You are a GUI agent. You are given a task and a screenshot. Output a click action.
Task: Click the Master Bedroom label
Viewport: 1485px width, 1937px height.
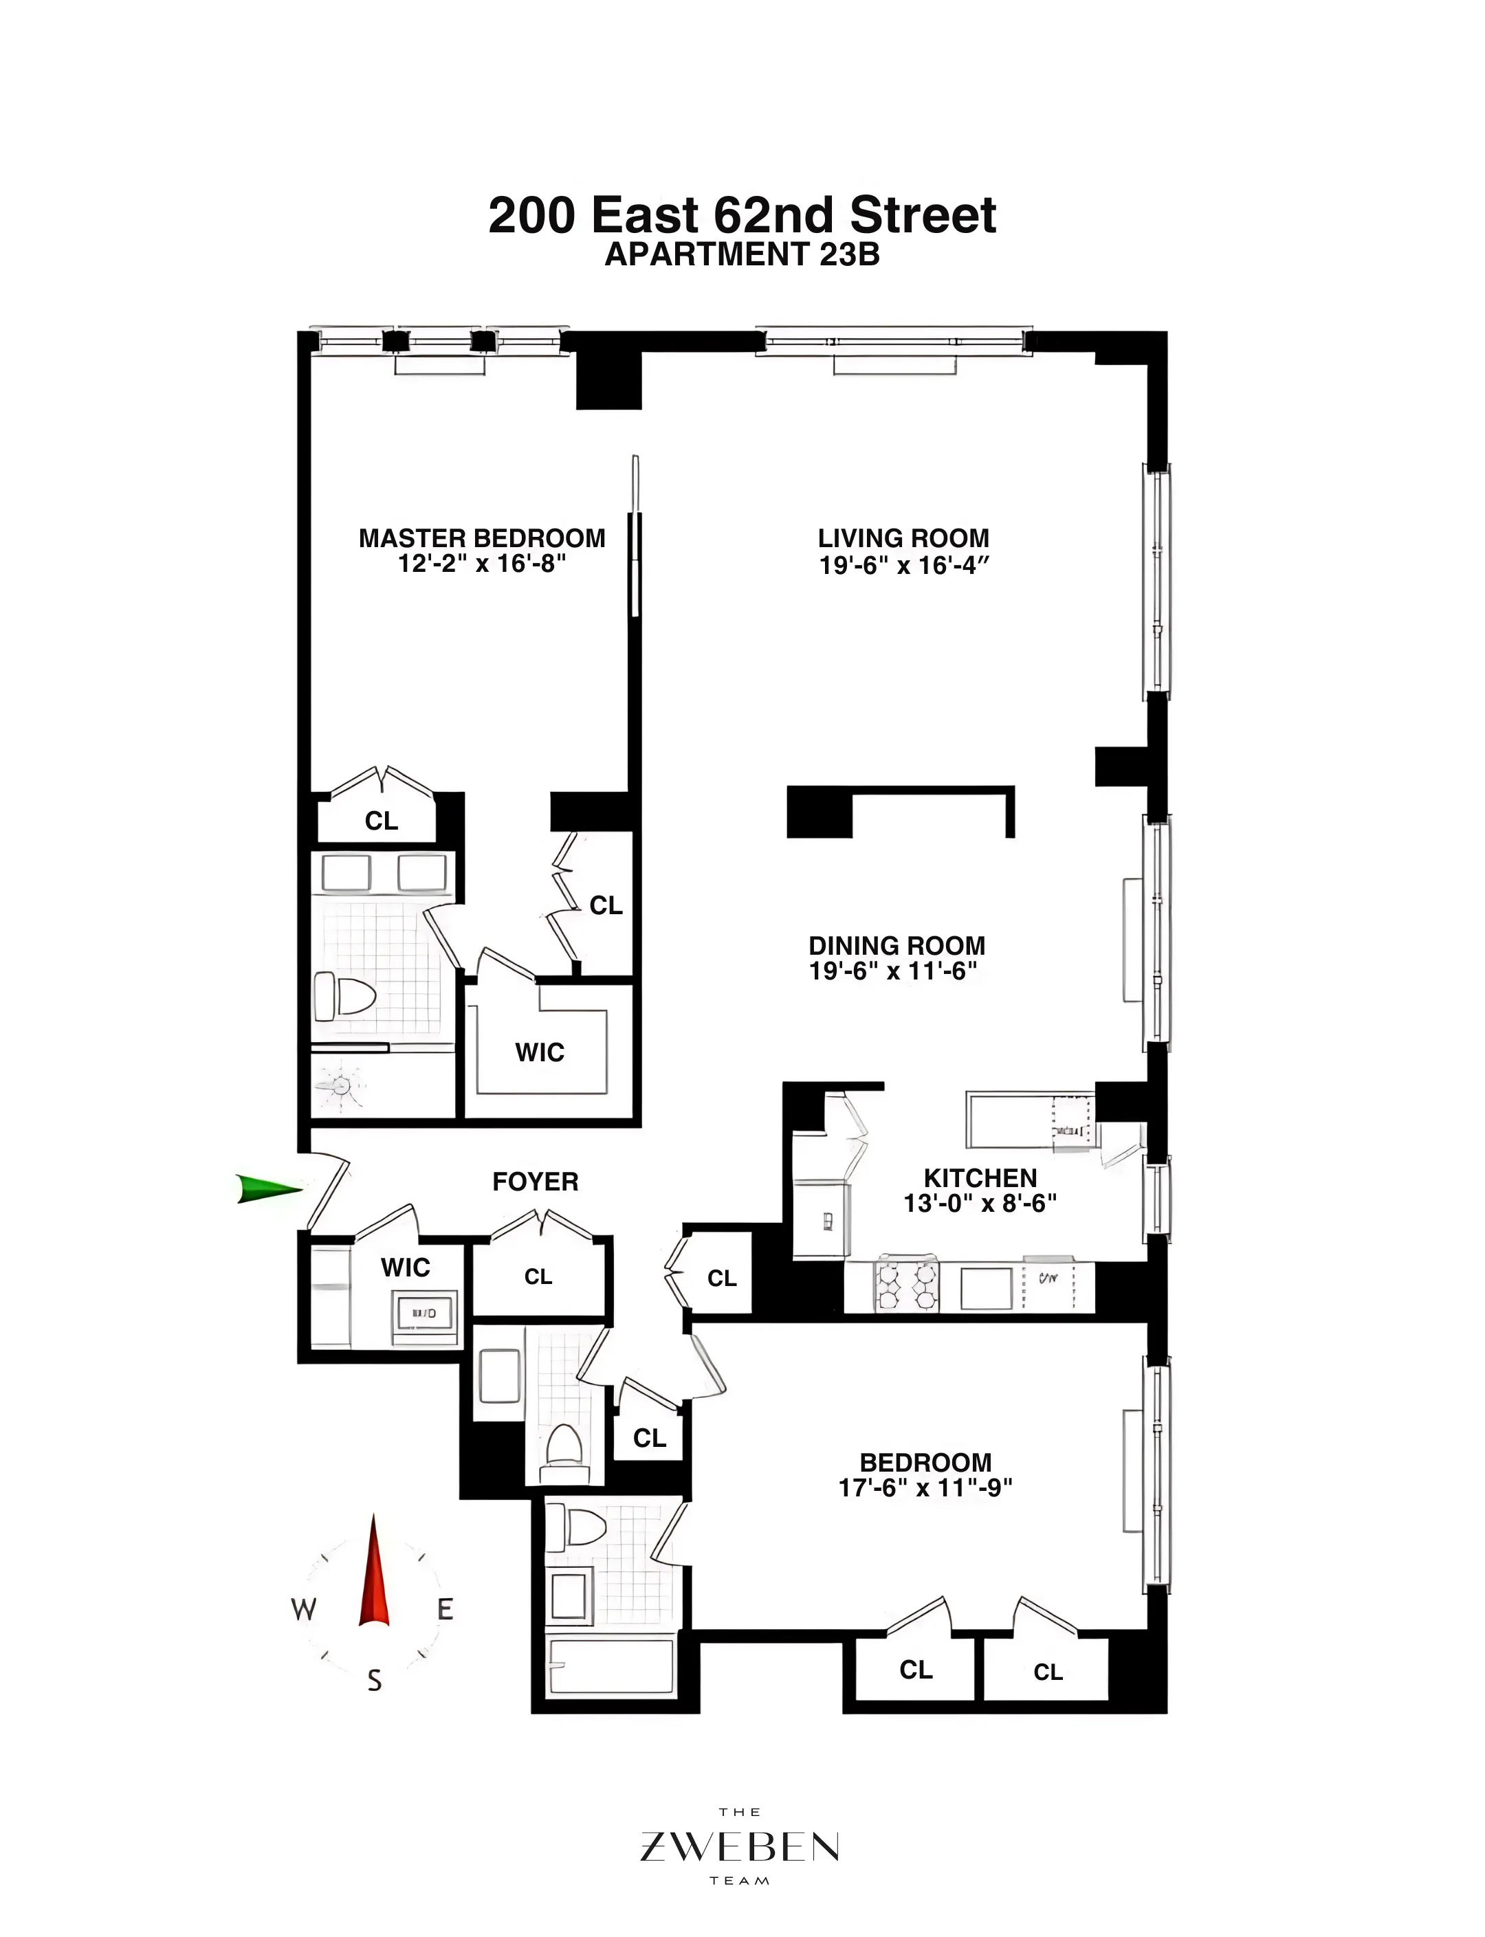coord(482,538)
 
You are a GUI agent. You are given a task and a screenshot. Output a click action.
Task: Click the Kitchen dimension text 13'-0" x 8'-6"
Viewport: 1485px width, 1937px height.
coord(980,1203)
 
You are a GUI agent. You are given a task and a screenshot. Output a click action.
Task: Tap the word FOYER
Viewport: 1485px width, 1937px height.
coord(535,1182)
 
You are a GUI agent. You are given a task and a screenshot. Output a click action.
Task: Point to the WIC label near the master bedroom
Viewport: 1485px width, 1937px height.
coord(539,1052)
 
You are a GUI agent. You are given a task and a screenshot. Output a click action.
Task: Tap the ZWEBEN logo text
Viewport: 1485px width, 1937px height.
coord(739,1847)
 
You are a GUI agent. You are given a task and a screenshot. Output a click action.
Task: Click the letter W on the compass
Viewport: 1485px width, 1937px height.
coord(303,1610)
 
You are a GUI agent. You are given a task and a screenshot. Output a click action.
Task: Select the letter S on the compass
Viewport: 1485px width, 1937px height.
coord(375,1681)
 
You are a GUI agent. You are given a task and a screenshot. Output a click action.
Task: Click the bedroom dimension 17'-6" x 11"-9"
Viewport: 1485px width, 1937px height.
coord(925,1488)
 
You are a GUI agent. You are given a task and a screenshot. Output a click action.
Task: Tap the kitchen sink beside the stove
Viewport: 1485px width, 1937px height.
coord(986,1287)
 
